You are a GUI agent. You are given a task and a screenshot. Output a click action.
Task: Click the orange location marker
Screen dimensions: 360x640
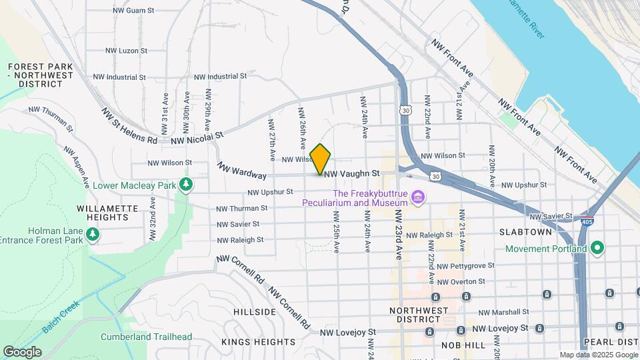click(321, 159)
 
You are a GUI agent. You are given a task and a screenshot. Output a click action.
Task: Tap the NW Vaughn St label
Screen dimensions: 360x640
click(351, 173)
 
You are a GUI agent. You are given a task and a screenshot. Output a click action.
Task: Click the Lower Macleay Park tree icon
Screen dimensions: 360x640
click(188, 185)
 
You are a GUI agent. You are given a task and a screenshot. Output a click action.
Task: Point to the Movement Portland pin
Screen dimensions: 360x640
click(597, 249)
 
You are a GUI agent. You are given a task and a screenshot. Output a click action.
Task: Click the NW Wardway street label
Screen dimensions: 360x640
click(241, 171)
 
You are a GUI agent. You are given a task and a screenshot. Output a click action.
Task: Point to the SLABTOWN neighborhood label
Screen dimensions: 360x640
click(525, 232)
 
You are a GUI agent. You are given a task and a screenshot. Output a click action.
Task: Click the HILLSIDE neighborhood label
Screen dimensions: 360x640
click(255, 312)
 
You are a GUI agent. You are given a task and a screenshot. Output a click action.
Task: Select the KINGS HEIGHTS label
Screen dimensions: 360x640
click(258, 342)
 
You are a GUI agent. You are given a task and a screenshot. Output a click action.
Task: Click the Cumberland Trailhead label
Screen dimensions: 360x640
click(146, 337)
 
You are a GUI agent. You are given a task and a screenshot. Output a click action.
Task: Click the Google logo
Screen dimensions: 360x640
click(22, 351)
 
